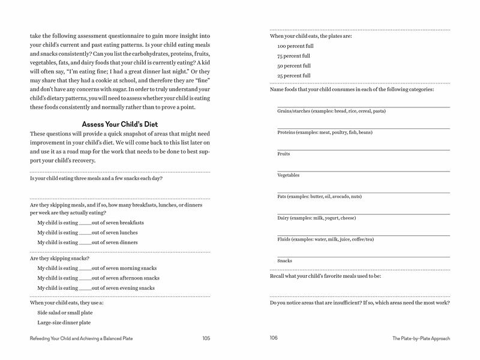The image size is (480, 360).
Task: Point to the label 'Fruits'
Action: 283,154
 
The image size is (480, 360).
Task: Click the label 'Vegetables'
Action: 288,175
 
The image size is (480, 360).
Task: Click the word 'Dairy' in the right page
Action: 283,218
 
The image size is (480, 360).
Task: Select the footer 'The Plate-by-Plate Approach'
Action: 421,339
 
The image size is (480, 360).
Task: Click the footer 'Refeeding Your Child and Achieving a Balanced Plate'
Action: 81,339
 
